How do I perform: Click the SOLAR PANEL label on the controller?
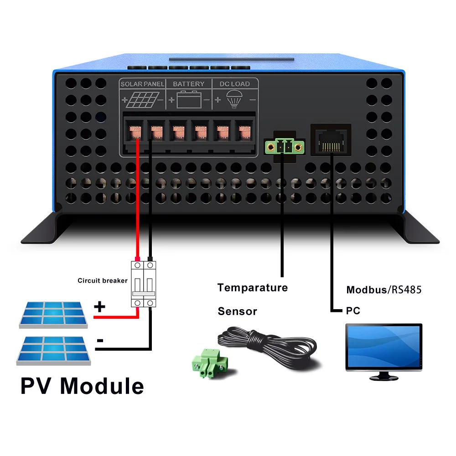(142, 84)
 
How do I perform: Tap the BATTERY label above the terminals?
(188, 84)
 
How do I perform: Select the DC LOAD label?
(234, 84)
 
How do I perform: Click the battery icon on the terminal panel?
(189, 99)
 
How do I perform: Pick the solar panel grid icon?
(142, 99)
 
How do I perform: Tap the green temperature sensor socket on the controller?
(284, 147)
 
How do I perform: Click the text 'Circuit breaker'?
(103, 280)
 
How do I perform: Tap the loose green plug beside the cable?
(209, 363)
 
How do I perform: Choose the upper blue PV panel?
(52, 314)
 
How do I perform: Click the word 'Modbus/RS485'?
(384, 290)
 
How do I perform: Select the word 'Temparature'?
(253, 288)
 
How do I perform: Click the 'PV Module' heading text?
(82, 385)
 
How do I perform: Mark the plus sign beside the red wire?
(99, 307)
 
